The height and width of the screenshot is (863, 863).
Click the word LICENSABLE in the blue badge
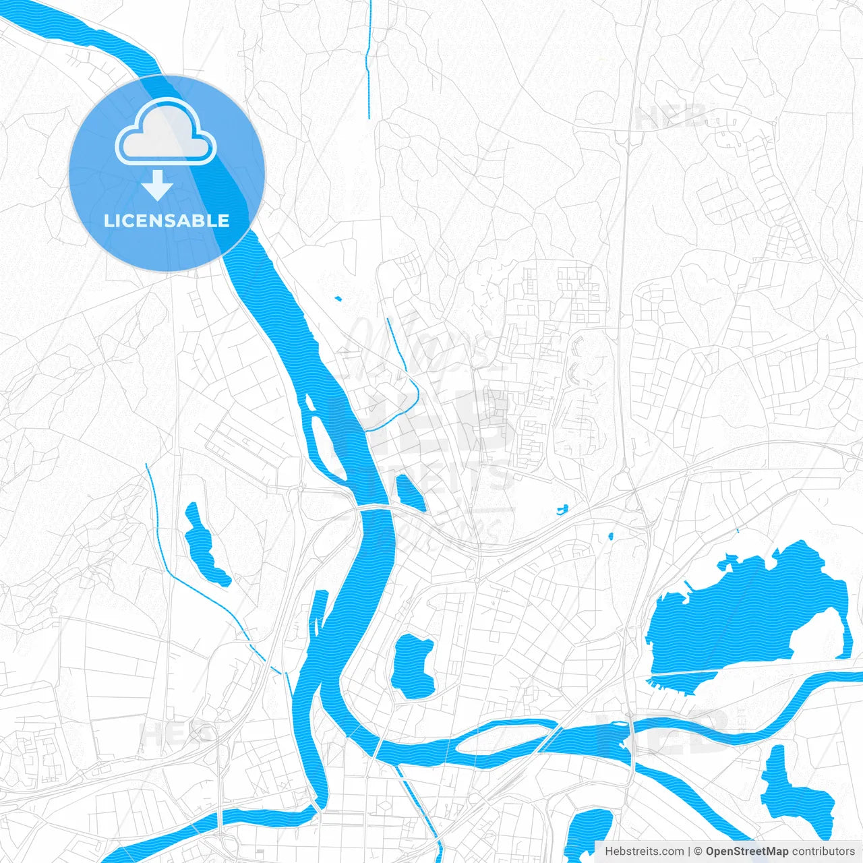pyautogui.click(x=167, y=220)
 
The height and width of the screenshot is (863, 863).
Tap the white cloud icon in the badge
pyautogui.click(x=166, y=133)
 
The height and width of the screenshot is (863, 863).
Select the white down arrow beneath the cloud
pyautogui.click(x=158, y=185)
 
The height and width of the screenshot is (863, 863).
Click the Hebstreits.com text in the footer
pyautogui.click(x=644, y=852)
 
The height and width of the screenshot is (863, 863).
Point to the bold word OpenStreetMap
pyautogui.click(x=746, y=852)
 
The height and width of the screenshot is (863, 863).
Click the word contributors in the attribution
pyautogui.click(x=823, y=852)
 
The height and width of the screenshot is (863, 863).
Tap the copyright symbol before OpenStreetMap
pyautogui.click(x=698, y=852)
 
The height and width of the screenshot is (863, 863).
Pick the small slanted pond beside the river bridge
pyautogui.click(x=410, y=493)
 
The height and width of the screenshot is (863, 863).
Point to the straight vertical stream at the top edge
pyautogui.click(x=369, y=61)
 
